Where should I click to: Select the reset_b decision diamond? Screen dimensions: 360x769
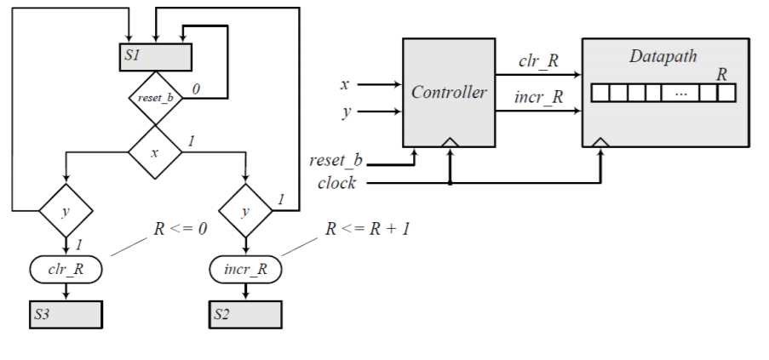click(155, 98)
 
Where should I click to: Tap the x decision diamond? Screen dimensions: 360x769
click(155, 152)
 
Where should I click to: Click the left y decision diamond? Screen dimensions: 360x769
click(66, 209)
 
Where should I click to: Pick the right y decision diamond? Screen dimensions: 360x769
click(245, 209)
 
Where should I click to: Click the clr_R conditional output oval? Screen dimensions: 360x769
click(66, 270)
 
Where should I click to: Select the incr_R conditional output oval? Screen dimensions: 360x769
click(245, 270)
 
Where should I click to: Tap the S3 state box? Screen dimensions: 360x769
click(66, 314)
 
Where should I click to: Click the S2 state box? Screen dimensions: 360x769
click(245, 314)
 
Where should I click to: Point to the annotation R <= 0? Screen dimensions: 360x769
click(180, 229)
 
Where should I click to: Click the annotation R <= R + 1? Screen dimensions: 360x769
click(368, 229)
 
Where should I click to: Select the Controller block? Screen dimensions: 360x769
click(449, 92)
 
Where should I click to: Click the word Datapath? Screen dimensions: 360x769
click(663, 57)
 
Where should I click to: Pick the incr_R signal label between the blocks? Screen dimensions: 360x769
click(539, 96)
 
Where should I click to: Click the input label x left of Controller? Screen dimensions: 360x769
click(344, 84)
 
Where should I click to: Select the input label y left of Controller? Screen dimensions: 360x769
click(345, 112)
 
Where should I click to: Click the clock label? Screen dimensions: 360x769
click(336, 183)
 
